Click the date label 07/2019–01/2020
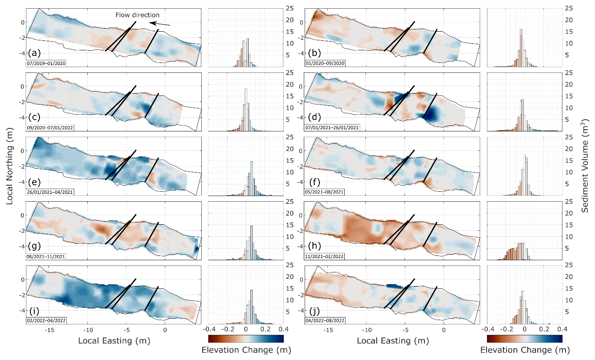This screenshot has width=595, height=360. coord(46,63)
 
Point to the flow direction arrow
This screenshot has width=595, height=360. coord(159,23)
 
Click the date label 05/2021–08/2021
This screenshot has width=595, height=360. coord(325,192)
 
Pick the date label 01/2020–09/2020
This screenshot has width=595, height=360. coord(325,63)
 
